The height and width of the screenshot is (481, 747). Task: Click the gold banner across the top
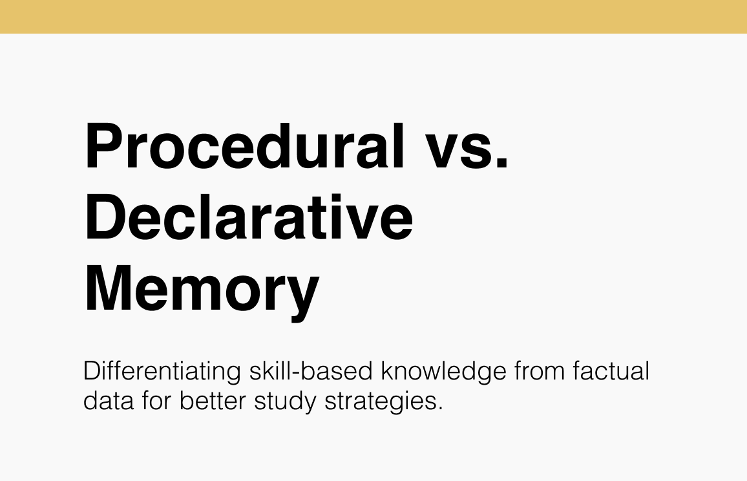click(373, 17)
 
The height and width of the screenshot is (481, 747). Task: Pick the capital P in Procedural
click(101, 147)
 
